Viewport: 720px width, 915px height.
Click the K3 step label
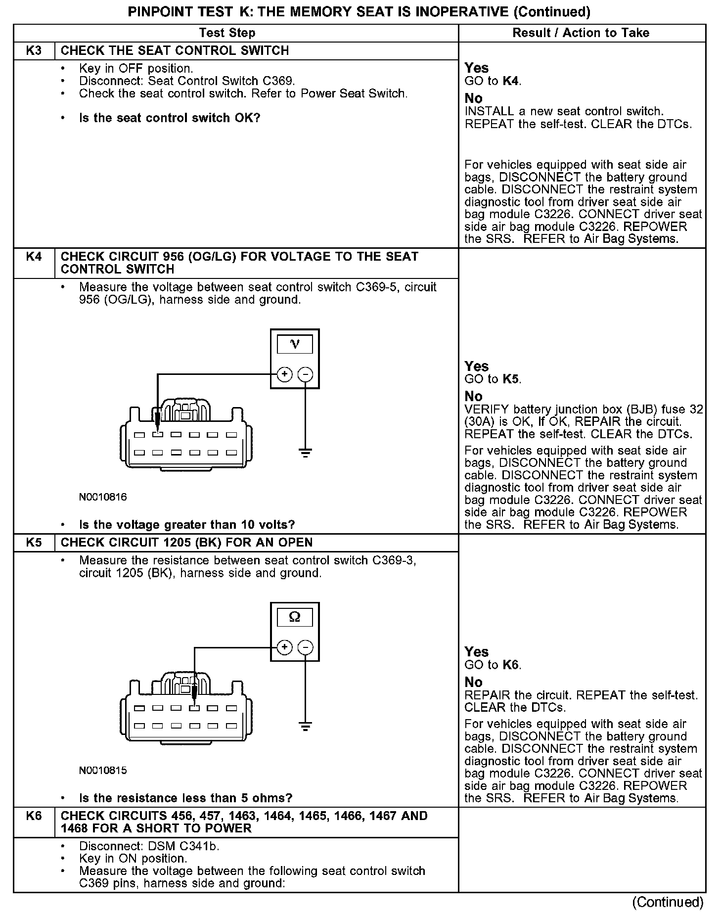[34, 50]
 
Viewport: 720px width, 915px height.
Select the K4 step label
[34, 257]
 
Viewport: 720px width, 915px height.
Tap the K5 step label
[34, 543]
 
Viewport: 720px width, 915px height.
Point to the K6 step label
[34, 816]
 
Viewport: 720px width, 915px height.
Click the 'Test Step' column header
[227, 33]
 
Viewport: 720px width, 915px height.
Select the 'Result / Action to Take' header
[581, 33]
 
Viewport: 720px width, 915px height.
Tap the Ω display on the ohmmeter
[295, 617]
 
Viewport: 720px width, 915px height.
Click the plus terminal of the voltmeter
[284, 374]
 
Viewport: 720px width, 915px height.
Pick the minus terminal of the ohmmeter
[306, 647]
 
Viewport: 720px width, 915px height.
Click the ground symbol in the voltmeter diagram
[306, 453]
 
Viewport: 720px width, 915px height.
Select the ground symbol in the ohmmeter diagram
[306, 726]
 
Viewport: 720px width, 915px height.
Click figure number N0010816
[103, 498]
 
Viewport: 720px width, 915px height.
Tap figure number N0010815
[103, 771]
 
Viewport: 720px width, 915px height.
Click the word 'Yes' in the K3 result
[477, 68]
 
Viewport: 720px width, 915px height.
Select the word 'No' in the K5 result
[473, 682]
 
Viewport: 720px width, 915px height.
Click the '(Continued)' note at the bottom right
[668, 902]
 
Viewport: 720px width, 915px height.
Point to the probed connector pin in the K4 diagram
[158, 435]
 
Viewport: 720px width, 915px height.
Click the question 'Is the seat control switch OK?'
[170, 118]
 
